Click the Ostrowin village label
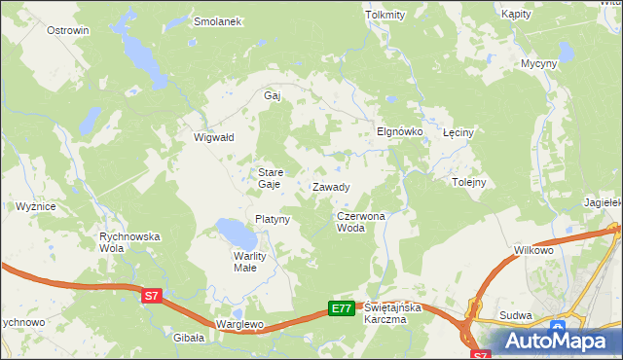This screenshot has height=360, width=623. (68, 30)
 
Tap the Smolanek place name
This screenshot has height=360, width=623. (217, 21)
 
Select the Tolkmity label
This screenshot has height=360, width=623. (384, 16)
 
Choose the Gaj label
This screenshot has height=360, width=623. (273, 96)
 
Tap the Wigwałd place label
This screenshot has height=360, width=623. (214, 138)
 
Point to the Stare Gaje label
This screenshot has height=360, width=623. (270, 177)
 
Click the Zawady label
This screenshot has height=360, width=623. (331, 187)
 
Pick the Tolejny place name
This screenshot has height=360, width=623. (469, 182)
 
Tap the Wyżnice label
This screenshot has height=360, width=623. (35, 206)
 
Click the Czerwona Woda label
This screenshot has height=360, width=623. (361, 222)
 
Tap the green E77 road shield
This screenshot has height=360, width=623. (340, 308)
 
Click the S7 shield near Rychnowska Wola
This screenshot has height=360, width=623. (150, 295)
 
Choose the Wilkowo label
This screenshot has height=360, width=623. (534, 251)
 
